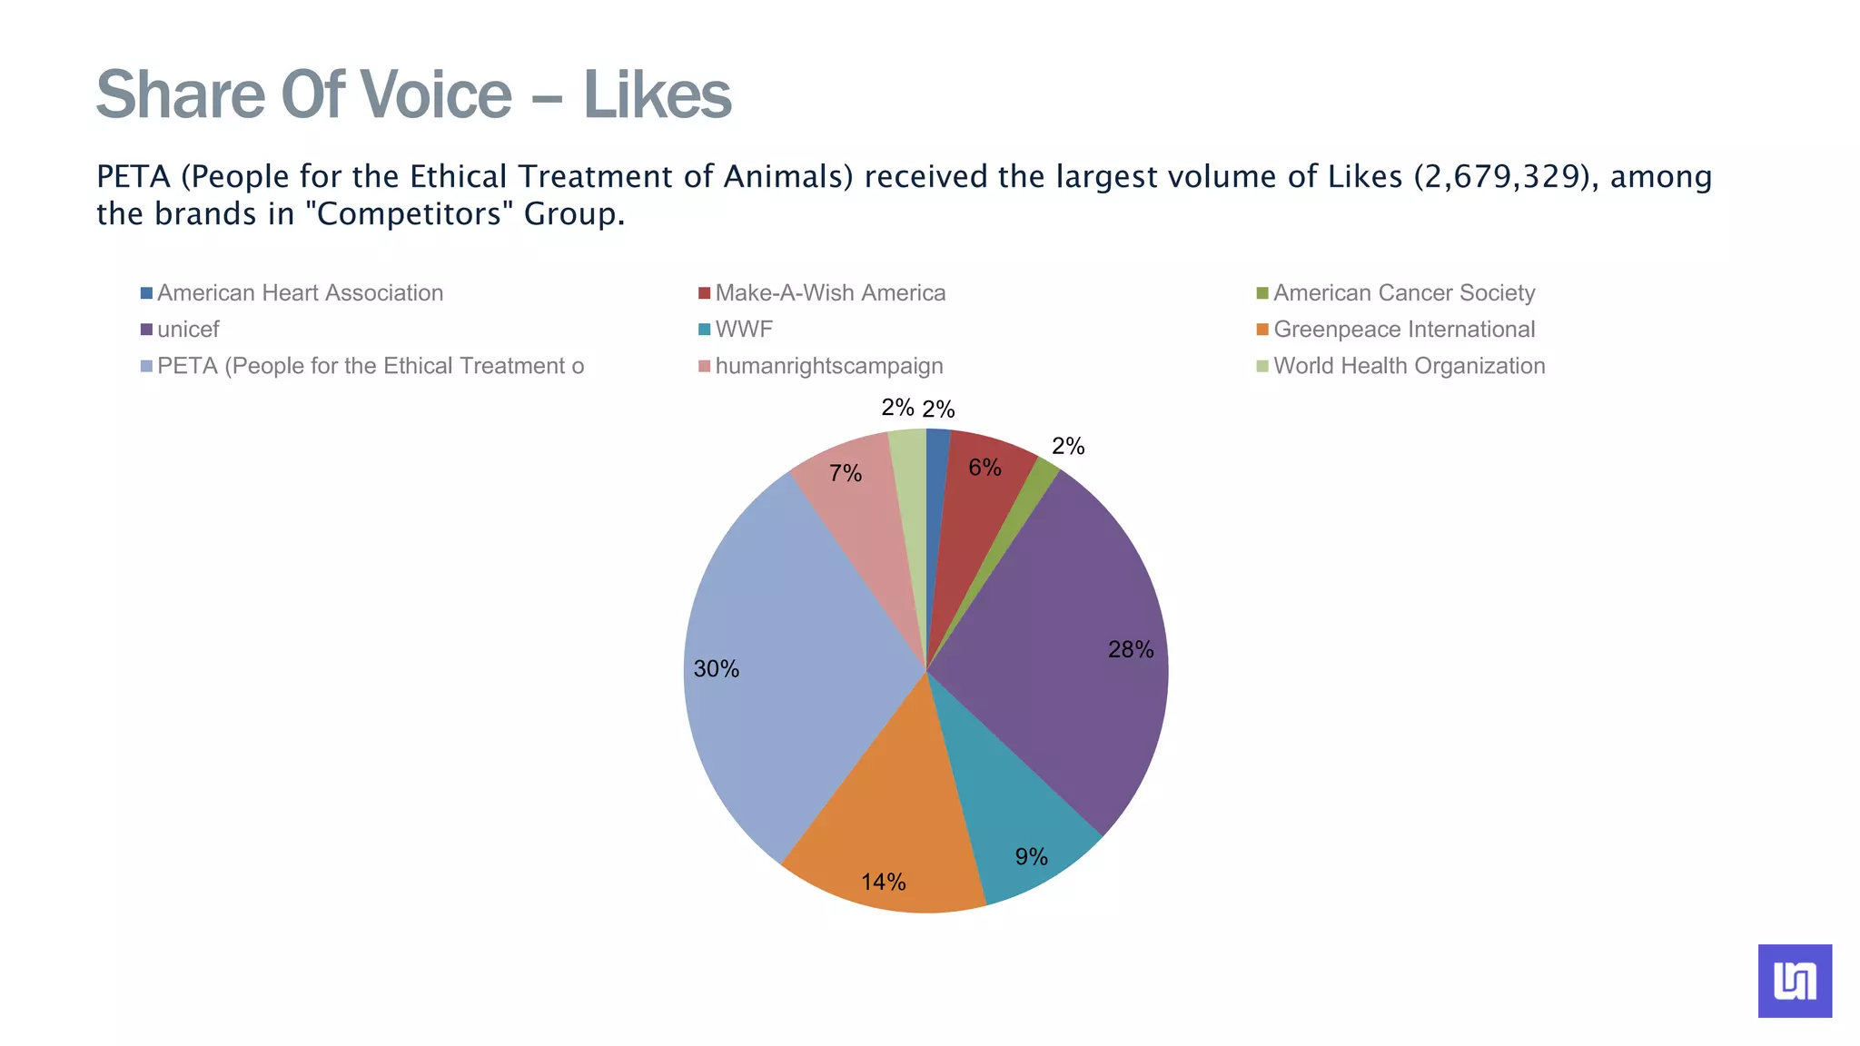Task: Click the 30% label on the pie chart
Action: tap(717, 669)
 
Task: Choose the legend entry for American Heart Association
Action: tap(300, 293)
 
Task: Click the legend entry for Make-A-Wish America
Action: tap(830, 293)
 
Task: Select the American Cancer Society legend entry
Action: tap(1403, 293)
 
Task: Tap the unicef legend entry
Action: tap(188, 330)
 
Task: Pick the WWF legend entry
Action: tap(743, 330)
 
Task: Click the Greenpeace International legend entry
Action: tap(1403, 330)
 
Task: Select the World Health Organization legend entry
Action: tap(1409, 366)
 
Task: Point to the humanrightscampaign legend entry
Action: tap(828, 366)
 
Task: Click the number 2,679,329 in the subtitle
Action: tap(1504, 176)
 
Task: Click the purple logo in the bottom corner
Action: tap(1795, 981)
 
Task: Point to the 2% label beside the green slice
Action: tap(1068, 446)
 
